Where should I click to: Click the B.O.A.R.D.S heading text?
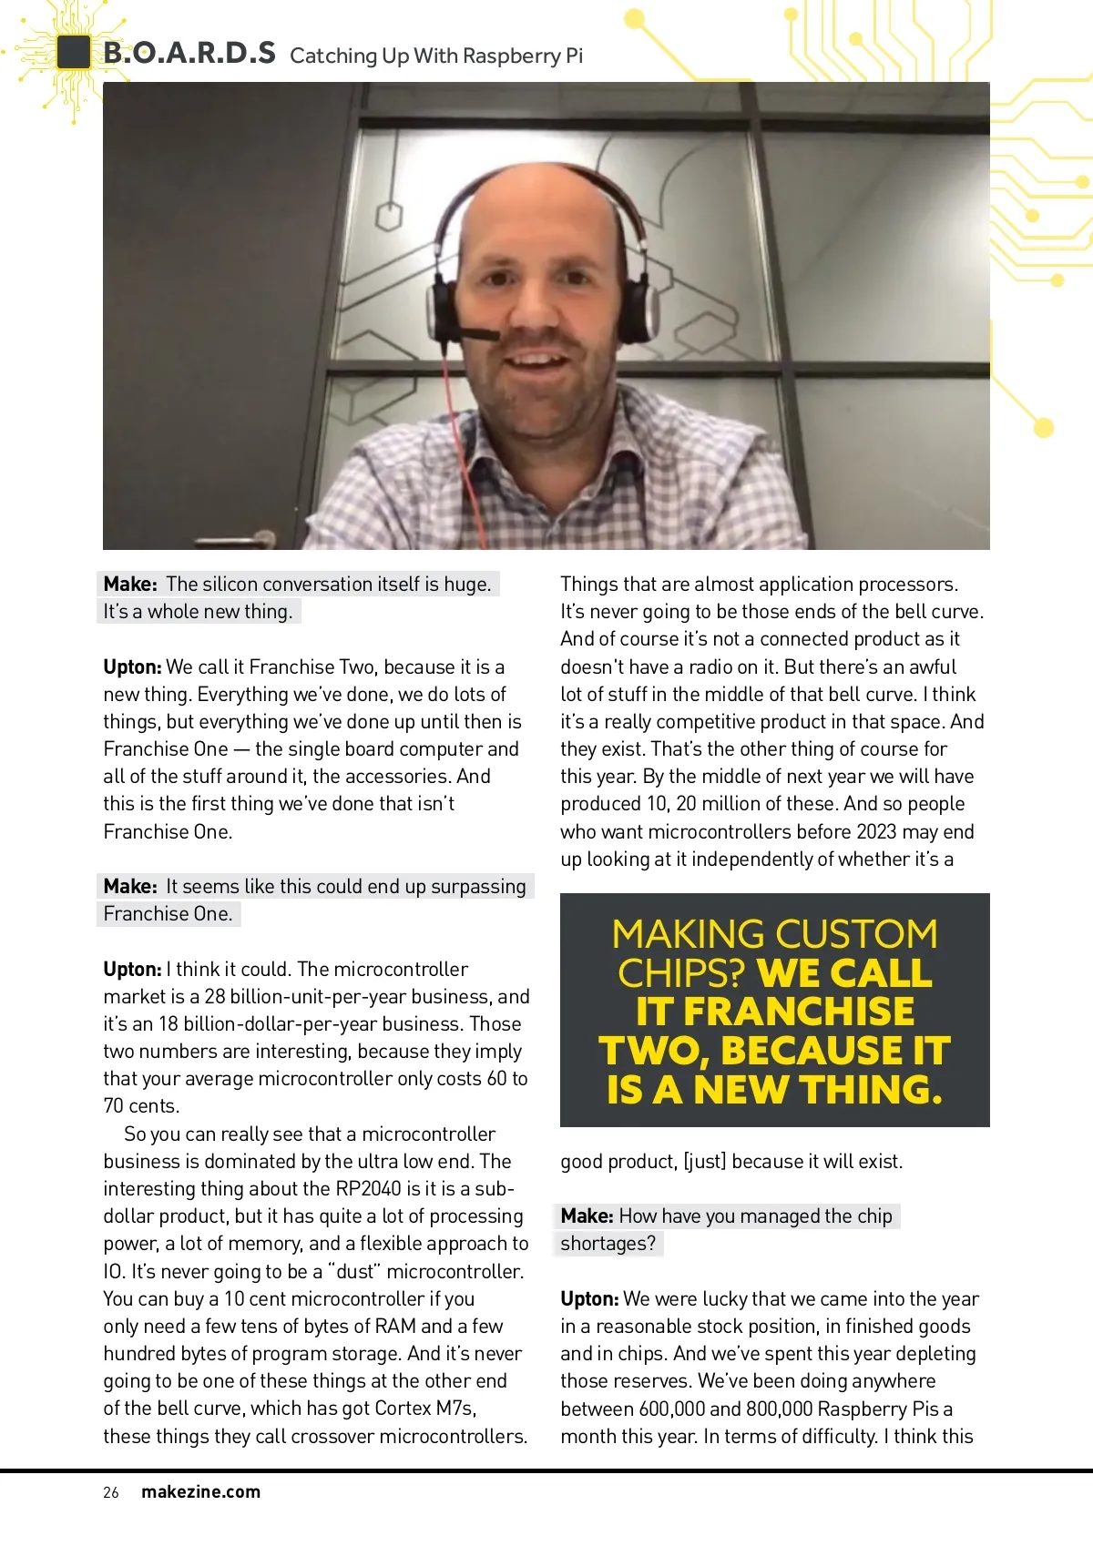(x=189, y=53)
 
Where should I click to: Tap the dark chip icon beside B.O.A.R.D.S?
(x=73, y=53)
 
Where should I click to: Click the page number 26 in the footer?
(x=111, y=1492)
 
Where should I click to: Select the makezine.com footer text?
(x=200, y=1492)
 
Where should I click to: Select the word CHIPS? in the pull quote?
(x=681, y=973)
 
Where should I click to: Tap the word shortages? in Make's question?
(x=608, y=1244)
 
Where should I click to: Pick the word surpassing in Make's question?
(x=478, y=887)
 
